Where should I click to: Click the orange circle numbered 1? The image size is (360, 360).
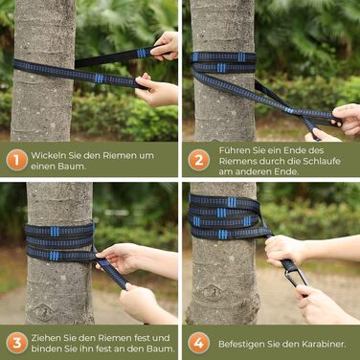16,160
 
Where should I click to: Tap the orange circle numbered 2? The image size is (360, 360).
199,160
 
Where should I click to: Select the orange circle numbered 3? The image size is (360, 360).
16,343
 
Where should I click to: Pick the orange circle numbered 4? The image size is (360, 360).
199,343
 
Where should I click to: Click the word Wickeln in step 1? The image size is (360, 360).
48,155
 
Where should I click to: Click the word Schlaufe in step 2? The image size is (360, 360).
322,161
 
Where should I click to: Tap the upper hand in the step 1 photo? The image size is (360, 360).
165,46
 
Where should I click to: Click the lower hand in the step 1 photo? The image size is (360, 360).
156,90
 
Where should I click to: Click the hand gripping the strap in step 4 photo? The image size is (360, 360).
284,251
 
